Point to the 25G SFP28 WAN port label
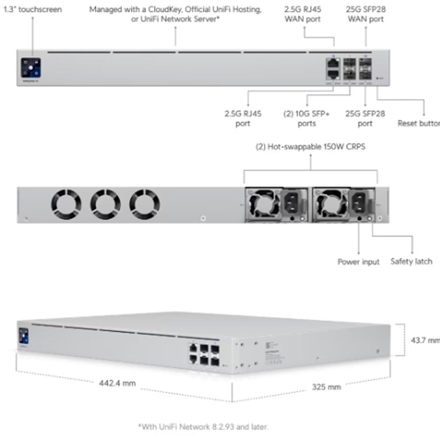tap(365, 14)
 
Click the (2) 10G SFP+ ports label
tap(300, 119)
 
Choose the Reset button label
tap(418, 124)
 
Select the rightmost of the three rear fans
tap(145, 202)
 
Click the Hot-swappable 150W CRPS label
tap(311, 147)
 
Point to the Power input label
tap(358, 262)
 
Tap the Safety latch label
tap(411, 262)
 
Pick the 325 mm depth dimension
tap(327, 387)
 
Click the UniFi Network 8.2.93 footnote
tap(204, 426)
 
